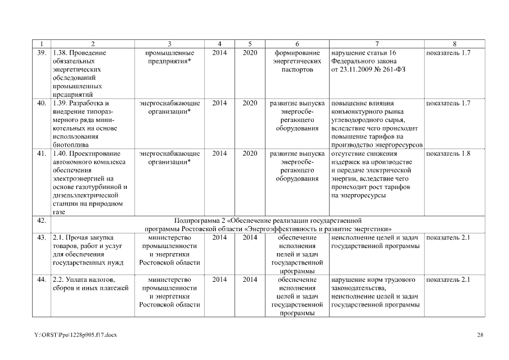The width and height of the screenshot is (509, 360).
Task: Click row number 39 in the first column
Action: coord(41,53)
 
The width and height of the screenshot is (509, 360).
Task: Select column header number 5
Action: coord(250,44)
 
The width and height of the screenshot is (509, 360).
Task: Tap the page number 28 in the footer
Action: coord(480,335)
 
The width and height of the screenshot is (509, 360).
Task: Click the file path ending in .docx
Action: coord(75,335)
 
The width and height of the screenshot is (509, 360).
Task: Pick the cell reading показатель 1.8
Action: coord(448,154)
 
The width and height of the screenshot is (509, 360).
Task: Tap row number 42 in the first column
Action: coord(41,220)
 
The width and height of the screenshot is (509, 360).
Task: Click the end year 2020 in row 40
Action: coord(250,103)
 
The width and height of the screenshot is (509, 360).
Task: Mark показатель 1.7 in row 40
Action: coord(448,103)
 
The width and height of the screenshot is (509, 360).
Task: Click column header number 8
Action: coord(454,44)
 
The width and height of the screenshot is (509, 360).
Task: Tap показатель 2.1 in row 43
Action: coord(448,238)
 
